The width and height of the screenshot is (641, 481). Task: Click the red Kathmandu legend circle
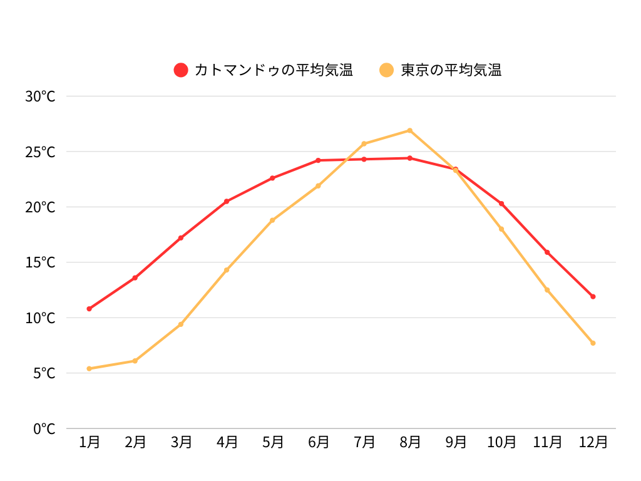tap(181, 70)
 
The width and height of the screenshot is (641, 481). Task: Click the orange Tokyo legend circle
tap(387, 70)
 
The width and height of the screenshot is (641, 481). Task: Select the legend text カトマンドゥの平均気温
tap(274, 70)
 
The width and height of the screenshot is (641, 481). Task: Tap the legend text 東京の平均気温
tap(451, 70)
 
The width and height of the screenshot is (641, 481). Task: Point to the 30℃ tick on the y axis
tap(41, 96)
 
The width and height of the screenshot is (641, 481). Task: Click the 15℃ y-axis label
tap(41, 262)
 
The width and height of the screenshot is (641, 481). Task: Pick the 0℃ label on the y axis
tap(44, 429)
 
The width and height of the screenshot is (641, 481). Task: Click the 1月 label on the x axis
tap(90, 442)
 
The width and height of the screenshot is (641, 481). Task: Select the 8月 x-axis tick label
tap(410, 442)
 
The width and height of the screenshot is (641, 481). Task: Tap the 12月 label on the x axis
tap(593, 442)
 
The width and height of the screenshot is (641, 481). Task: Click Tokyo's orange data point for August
tap(410, 130)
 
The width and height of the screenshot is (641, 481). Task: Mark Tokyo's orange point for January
tap(90, 368)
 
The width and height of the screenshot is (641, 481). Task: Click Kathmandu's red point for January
tap(90, 309)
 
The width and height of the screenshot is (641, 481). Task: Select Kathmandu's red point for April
tap(227, 201)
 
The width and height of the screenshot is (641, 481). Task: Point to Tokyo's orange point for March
tap(181, 324)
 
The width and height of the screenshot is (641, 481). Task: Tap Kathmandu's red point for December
tap(593, 296)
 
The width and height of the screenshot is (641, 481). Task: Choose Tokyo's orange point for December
tap(593, 343)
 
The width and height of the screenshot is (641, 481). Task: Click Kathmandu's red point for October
tap(501, 204)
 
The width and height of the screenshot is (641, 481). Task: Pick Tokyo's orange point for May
tap(272, 220)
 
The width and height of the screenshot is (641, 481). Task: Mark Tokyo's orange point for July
tap(364, 143)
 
